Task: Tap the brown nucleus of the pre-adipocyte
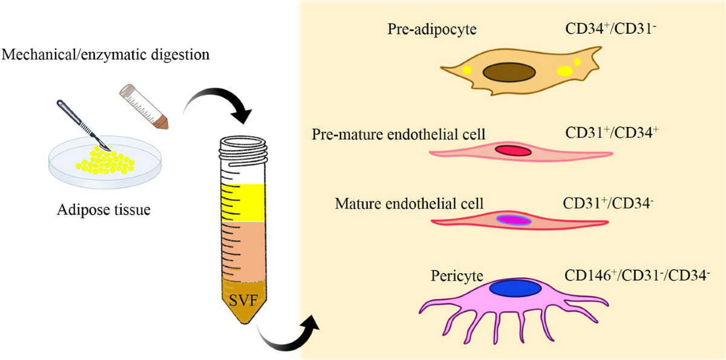[x=509, y=71]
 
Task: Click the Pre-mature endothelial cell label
[x=399, y=134]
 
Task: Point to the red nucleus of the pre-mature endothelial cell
[x=514, y=150]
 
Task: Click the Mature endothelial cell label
[x=409, y=203]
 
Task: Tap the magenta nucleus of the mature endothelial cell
[x=513, y=220]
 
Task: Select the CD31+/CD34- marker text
[x=608, y=202]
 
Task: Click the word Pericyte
[x=457, y=277]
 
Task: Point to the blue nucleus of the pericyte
[x=515, y=288]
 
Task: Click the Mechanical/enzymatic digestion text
[x=106, y=56]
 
